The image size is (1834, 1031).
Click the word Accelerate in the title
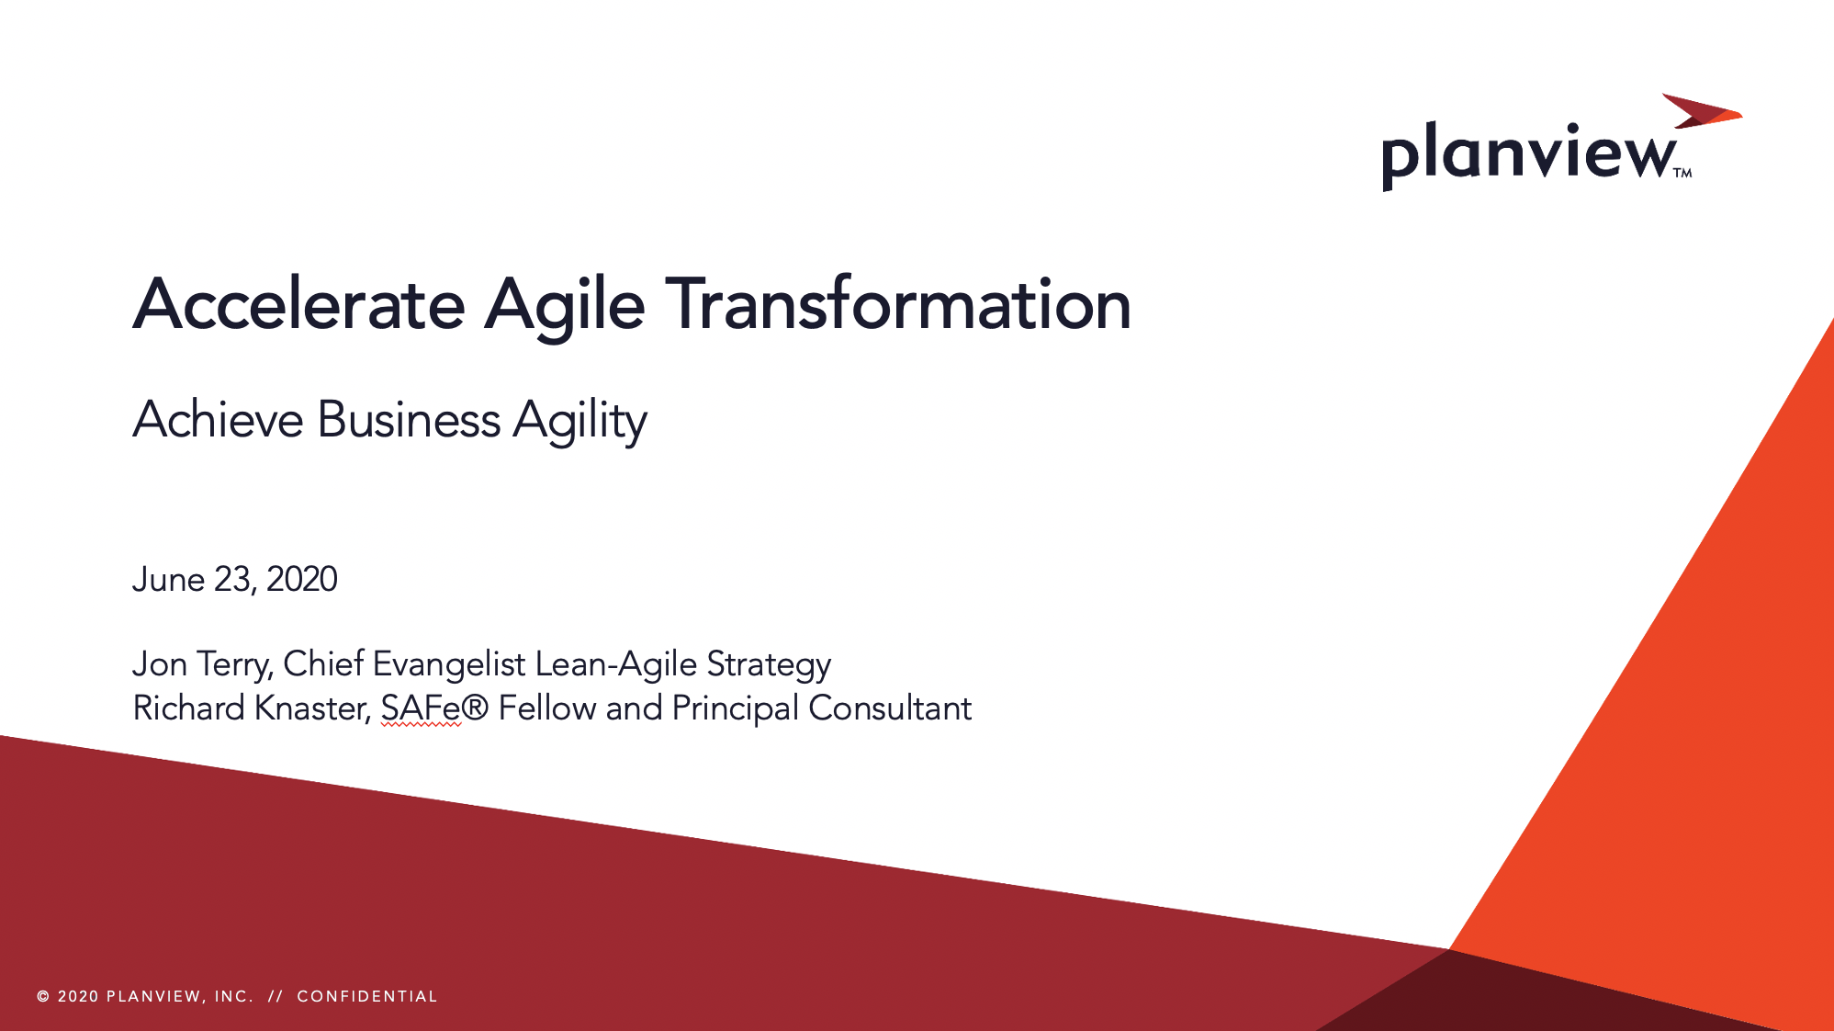298,305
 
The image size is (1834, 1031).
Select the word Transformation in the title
897,305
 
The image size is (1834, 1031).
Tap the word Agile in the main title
564,305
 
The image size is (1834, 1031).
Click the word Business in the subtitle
409,420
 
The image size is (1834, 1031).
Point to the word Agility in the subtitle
579,422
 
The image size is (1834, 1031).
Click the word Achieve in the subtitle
218,420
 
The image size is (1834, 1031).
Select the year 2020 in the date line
302,580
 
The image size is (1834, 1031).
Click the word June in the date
168,580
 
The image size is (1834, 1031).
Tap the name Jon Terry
201,664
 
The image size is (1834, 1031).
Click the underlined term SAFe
420,708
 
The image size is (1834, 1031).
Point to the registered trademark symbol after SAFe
475,708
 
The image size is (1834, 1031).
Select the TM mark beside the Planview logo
1682,173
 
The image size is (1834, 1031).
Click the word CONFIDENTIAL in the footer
367,997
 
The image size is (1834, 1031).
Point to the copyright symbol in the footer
43,997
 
